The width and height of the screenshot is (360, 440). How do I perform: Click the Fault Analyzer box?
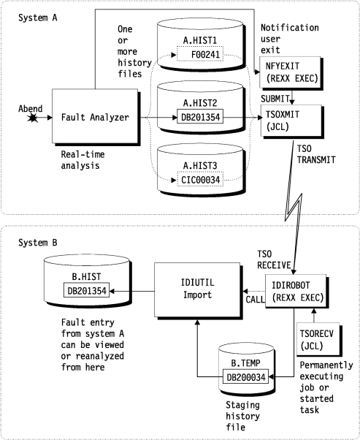[x=93, y=115]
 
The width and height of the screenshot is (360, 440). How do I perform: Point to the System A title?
[x=34, y=17]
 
